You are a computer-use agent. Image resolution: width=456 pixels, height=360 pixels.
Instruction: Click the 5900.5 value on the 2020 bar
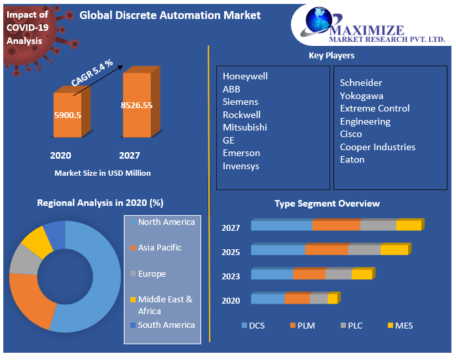67,115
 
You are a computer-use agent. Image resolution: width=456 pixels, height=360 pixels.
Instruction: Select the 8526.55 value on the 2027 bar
136,105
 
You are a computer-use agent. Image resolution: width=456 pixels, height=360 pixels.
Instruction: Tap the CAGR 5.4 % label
92,72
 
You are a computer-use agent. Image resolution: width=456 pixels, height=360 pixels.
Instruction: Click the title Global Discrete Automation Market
170,15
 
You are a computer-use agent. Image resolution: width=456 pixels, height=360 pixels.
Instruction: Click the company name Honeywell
245,76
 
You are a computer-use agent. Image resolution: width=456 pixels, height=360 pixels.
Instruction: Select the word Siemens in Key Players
240,102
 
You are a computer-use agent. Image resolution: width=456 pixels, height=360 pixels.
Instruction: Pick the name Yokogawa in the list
362,96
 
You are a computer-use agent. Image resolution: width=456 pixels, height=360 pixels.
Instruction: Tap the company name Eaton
352,159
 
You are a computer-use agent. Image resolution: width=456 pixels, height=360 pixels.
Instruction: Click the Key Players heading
332,56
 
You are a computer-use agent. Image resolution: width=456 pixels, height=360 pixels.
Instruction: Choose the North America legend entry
166,222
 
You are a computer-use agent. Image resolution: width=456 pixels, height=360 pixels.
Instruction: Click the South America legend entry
166,325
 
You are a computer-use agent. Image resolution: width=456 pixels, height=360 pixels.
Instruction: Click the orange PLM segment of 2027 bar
335,226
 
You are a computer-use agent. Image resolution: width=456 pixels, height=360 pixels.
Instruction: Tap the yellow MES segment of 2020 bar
332,299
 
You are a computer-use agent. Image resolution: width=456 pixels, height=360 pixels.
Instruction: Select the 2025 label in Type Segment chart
231,252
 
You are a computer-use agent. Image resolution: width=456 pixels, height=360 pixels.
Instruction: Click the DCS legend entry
253,326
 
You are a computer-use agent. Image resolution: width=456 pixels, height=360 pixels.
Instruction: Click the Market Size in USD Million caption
102,173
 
